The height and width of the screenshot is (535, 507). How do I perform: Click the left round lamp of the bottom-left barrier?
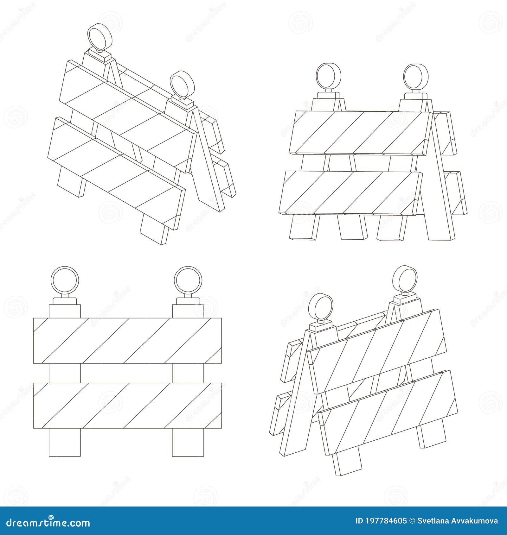click(x=65, y=280)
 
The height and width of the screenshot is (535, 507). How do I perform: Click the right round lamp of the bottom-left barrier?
click(x=188, y=280)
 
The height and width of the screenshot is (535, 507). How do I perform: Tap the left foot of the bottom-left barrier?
click(x=65, y=442)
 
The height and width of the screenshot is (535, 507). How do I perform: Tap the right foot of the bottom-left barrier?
click(x=188, y=442)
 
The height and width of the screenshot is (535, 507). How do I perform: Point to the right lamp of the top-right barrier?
click(x=416, y=77)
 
